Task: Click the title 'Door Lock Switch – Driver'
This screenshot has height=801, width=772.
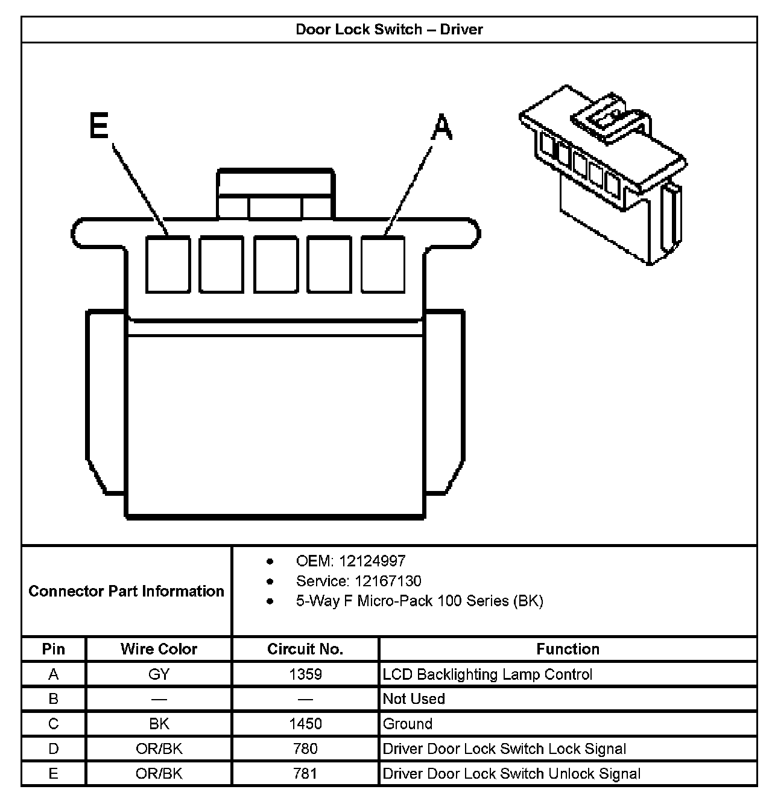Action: (x=389, y=30)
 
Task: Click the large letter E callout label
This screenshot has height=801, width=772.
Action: (x=98, y=127)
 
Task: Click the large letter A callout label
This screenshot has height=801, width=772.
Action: (x=442, y=128)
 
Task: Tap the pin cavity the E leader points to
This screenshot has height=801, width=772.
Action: (x=168, y=264)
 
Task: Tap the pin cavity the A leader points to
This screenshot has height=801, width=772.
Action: (x=383, y=264)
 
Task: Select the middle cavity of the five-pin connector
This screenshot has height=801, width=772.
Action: (x=276, y=264)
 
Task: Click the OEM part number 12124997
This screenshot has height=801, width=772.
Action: (x=372, y=561)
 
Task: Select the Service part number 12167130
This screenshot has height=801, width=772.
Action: (x=388, y=581)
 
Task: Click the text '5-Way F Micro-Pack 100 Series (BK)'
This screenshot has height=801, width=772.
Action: (x=419, y=601)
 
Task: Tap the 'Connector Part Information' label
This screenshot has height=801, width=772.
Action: (x=126, y=591)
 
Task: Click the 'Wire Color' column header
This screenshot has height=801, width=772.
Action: (x=159, y=649)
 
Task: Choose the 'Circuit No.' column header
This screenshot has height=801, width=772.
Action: (x=305, y=649)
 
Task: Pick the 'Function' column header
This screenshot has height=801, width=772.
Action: (x=568, y=649)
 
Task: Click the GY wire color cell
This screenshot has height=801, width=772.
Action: (x=159, y=674)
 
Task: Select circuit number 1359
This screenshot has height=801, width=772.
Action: (x=305, y=674)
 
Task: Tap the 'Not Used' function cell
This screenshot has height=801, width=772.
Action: (x=414, y=699)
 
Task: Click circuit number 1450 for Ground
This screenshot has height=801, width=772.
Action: (x=305, y=724)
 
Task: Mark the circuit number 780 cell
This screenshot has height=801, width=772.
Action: (x=305, y=749)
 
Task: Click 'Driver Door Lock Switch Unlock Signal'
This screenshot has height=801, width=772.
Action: (x=511, y=773)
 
